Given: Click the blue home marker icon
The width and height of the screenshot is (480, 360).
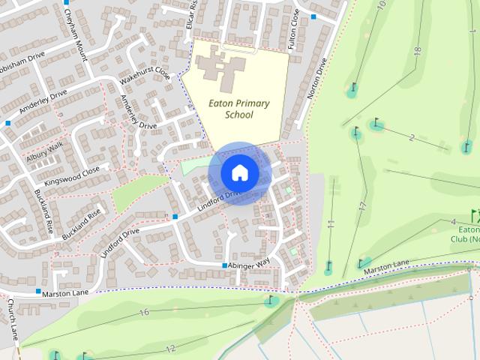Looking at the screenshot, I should click(240, 172).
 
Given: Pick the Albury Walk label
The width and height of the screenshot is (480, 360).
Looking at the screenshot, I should click(46, 151).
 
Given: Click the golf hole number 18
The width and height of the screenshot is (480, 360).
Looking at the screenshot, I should click(417, 50).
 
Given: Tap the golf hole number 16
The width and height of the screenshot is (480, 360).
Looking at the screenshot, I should click(144, 312).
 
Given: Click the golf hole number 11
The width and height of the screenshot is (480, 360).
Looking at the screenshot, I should click(331, 223).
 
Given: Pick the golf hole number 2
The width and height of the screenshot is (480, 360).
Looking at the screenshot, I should click(412, 137).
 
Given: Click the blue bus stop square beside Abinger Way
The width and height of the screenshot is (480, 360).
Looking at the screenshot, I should click(224, 265).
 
